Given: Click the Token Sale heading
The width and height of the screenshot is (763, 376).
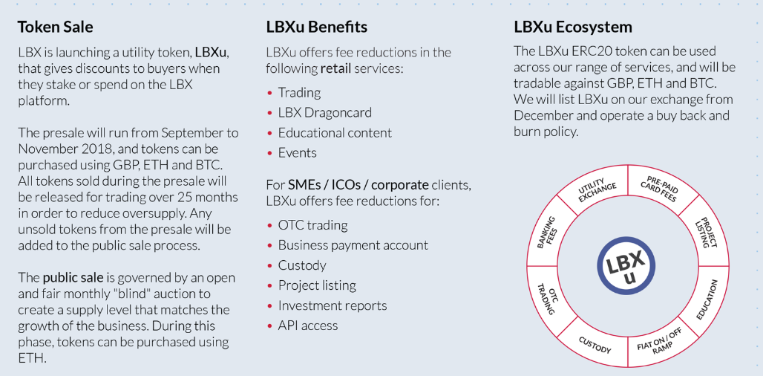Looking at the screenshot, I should (x=56, y=27).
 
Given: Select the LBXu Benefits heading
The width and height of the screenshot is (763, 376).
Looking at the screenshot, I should (x=317, y=27).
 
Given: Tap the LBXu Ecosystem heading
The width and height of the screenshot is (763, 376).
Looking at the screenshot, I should (x=573, y=27).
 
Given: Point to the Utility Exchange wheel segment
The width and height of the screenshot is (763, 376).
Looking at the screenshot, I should (x=597, y=192).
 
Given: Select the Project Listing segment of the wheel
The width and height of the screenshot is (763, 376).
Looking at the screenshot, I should (x=704, y=233).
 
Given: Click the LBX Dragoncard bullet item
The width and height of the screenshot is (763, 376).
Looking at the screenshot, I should (x=324, y=113).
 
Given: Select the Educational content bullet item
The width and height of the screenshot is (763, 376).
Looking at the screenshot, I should (x=335, y=133).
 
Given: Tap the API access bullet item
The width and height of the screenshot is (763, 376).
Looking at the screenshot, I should (x=308, y=325).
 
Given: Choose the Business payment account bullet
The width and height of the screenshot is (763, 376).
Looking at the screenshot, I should (x=353, y=245).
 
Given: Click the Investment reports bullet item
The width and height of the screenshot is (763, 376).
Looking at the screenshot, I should (x=333, y=305).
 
